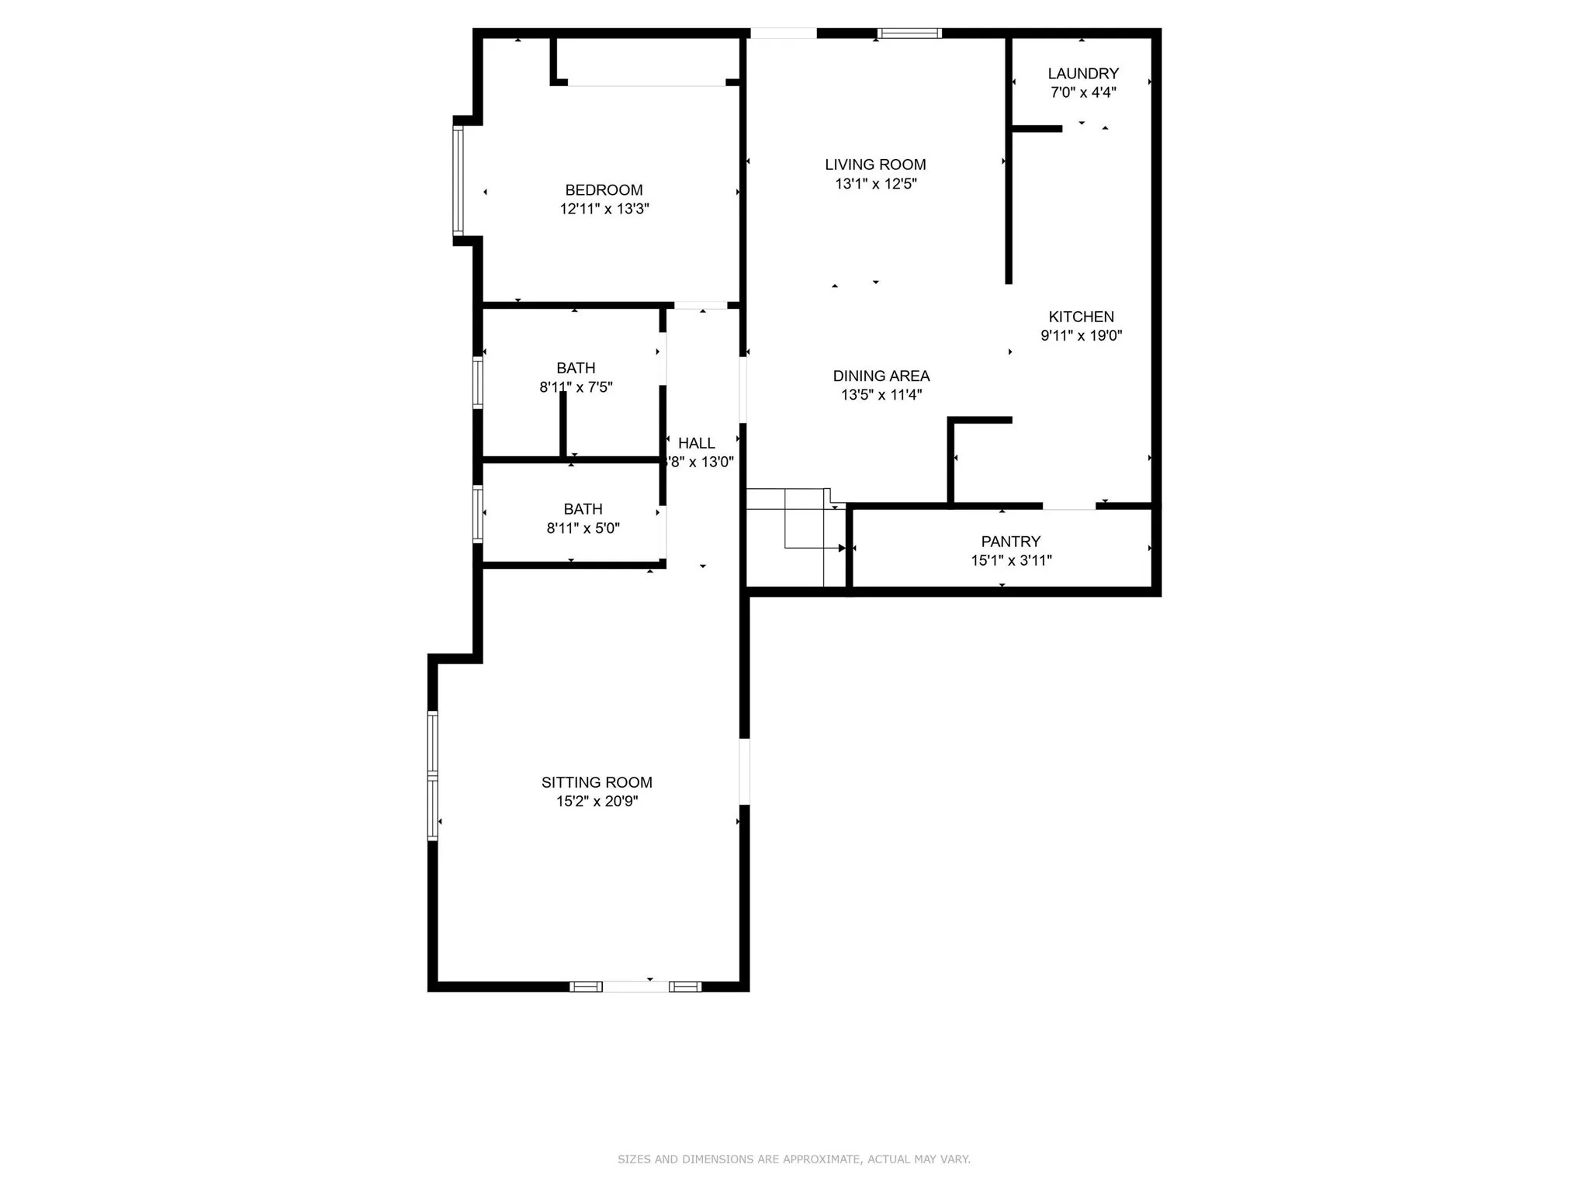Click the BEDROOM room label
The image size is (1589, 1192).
coord(604,190)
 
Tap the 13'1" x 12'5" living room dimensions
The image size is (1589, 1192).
coord(875,184)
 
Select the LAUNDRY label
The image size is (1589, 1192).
coord(1082,74)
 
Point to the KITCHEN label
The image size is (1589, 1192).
coord(1081,317)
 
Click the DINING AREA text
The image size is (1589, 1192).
coord(881,376)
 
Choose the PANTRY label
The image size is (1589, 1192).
coord(1010,542)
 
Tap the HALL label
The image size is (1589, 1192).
coord(696,443)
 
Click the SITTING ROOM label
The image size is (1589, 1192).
coord(597,782)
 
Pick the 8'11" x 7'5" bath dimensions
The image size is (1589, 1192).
coord(576,386)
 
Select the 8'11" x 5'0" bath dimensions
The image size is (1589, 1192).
coord(583,528)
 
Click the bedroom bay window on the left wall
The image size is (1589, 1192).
coord(459,180)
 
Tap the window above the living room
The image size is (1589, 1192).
coord(909,33)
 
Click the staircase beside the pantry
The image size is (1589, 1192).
coord(795,535)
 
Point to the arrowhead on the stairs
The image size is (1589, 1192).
coord(842,548)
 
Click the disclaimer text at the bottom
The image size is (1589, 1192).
coord(794,1159)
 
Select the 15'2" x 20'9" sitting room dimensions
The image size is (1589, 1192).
coord(597,801)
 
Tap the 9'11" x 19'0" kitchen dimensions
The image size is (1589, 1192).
coord(1081,335)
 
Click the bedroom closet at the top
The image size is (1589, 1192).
coord(648,61)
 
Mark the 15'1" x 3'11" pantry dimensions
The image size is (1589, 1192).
coord(1010,560)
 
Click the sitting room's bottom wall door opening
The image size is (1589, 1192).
coord(635,986)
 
